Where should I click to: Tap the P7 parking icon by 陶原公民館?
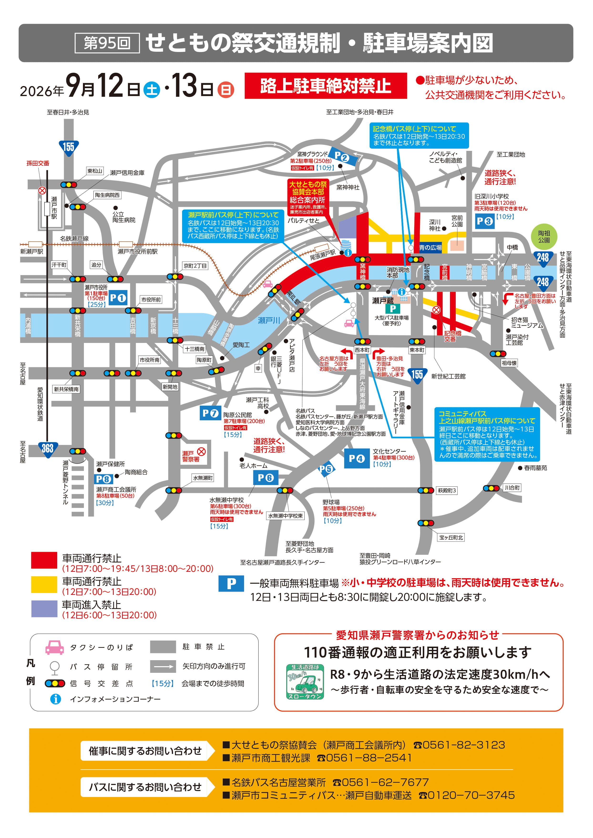pos(210,413)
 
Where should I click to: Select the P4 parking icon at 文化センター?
pos(356,458)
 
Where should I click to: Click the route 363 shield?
pos(47,449)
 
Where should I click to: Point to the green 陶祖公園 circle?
pos(544,236)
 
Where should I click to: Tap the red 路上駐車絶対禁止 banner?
pos(325,86)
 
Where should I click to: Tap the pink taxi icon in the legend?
pos(54,647)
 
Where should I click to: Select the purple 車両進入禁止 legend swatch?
pos(44,609)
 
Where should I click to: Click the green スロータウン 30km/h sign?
pos(305,682)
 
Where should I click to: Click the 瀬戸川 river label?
pos(269,320)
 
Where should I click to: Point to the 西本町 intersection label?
pos(362,350)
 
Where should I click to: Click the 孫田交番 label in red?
pos(38,163)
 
